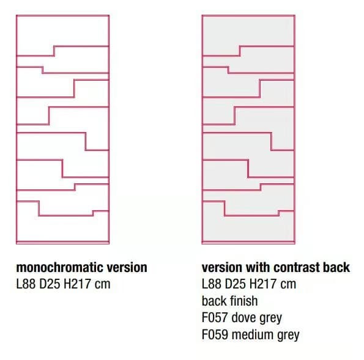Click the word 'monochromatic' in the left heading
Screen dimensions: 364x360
coord(56,268)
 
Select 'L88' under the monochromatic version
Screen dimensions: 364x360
coord(26,284)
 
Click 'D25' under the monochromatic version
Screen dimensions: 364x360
coord(50,284)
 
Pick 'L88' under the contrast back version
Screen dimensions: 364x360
coord(212,284)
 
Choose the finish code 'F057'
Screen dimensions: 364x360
coord(215,318)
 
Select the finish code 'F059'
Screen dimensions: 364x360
coord(215,335)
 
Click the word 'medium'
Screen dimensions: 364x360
coord(253,335)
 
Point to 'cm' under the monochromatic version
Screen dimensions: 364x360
coord(102,285)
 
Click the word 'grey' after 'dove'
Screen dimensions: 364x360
coord(270,318)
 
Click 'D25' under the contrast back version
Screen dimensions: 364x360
coord(236,284)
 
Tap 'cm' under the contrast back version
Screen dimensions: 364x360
coord(288,285)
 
